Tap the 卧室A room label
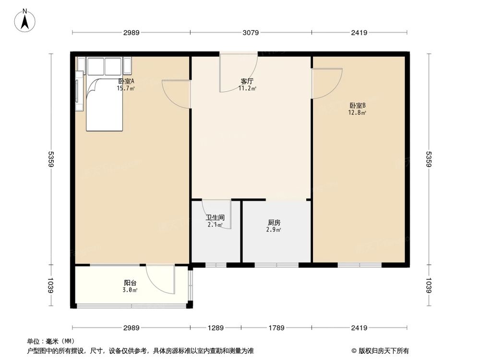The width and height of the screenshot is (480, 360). tap(126, 81)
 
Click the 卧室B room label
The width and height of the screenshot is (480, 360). tap(358, 106)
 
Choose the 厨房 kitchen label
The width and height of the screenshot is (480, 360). tap(274, 223)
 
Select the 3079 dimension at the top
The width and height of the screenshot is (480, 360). tap(251, 33)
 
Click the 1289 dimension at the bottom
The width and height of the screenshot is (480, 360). tap(216, 328)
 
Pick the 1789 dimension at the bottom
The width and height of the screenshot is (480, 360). tap(276, 328)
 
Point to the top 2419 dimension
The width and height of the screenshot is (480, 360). tap(359, 33)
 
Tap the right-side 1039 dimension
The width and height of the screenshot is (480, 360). tap(429, 287)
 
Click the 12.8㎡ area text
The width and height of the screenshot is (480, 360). tap(358, 113)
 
